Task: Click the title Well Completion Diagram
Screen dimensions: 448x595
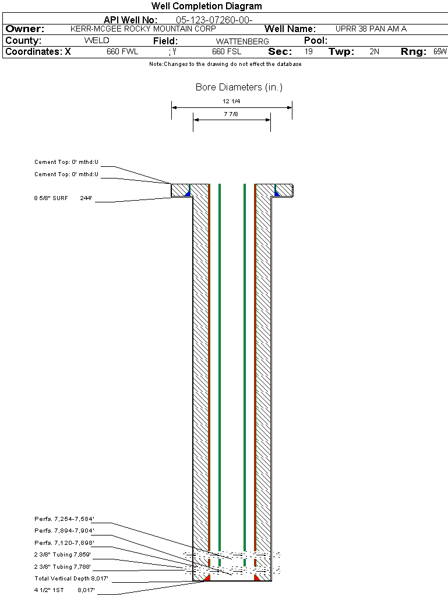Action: point(207,6)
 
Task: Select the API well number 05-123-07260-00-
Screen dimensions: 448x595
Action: point(214,20)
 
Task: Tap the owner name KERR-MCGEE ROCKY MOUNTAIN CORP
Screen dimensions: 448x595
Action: point(143,29)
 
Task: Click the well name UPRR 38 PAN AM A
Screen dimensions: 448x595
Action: point(371,29)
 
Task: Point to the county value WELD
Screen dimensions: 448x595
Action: point(97,41)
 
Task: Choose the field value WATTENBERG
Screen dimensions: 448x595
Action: point(242,41)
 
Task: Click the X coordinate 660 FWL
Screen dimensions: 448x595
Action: point(122,51)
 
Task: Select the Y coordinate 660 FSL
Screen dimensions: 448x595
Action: point(227,51)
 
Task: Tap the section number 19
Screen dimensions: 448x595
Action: point(309,51)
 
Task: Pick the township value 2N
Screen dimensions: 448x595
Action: point(375,51)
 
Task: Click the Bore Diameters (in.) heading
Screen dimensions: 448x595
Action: point(239,87)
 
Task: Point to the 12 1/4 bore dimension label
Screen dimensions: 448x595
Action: point(231,101)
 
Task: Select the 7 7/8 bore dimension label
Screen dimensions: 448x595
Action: point(231,114)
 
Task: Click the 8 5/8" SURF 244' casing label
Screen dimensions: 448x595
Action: point(63,198)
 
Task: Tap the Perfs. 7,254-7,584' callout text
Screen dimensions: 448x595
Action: point(65,519)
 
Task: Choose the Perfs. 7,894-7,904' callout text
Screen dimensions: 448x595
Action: point(65,530)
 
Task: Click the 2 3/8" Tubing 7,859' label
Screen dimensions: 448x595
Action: point(62,554)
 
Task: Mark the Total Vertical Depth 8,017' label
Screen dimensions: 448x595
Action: point(71,578)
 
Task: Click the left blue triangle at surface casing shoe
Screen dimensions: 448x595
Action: point(187,193)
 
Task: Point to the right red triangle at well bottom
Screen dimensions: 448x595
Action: point(256,577)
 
